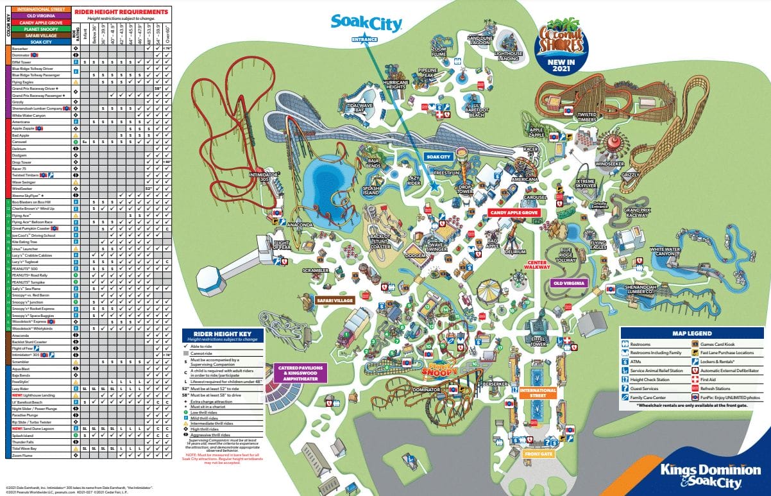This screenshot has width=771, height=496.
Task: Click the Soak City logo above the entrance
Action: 366,24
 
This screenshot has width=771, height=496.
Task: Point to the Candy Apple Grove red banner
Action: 513,212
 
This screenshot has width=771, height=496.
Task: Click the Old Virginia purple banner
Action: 567,282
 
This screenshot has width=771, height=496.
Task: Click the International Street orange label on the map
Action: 538,392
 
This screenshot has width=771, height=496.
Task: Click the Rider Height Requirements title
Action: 121,12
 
